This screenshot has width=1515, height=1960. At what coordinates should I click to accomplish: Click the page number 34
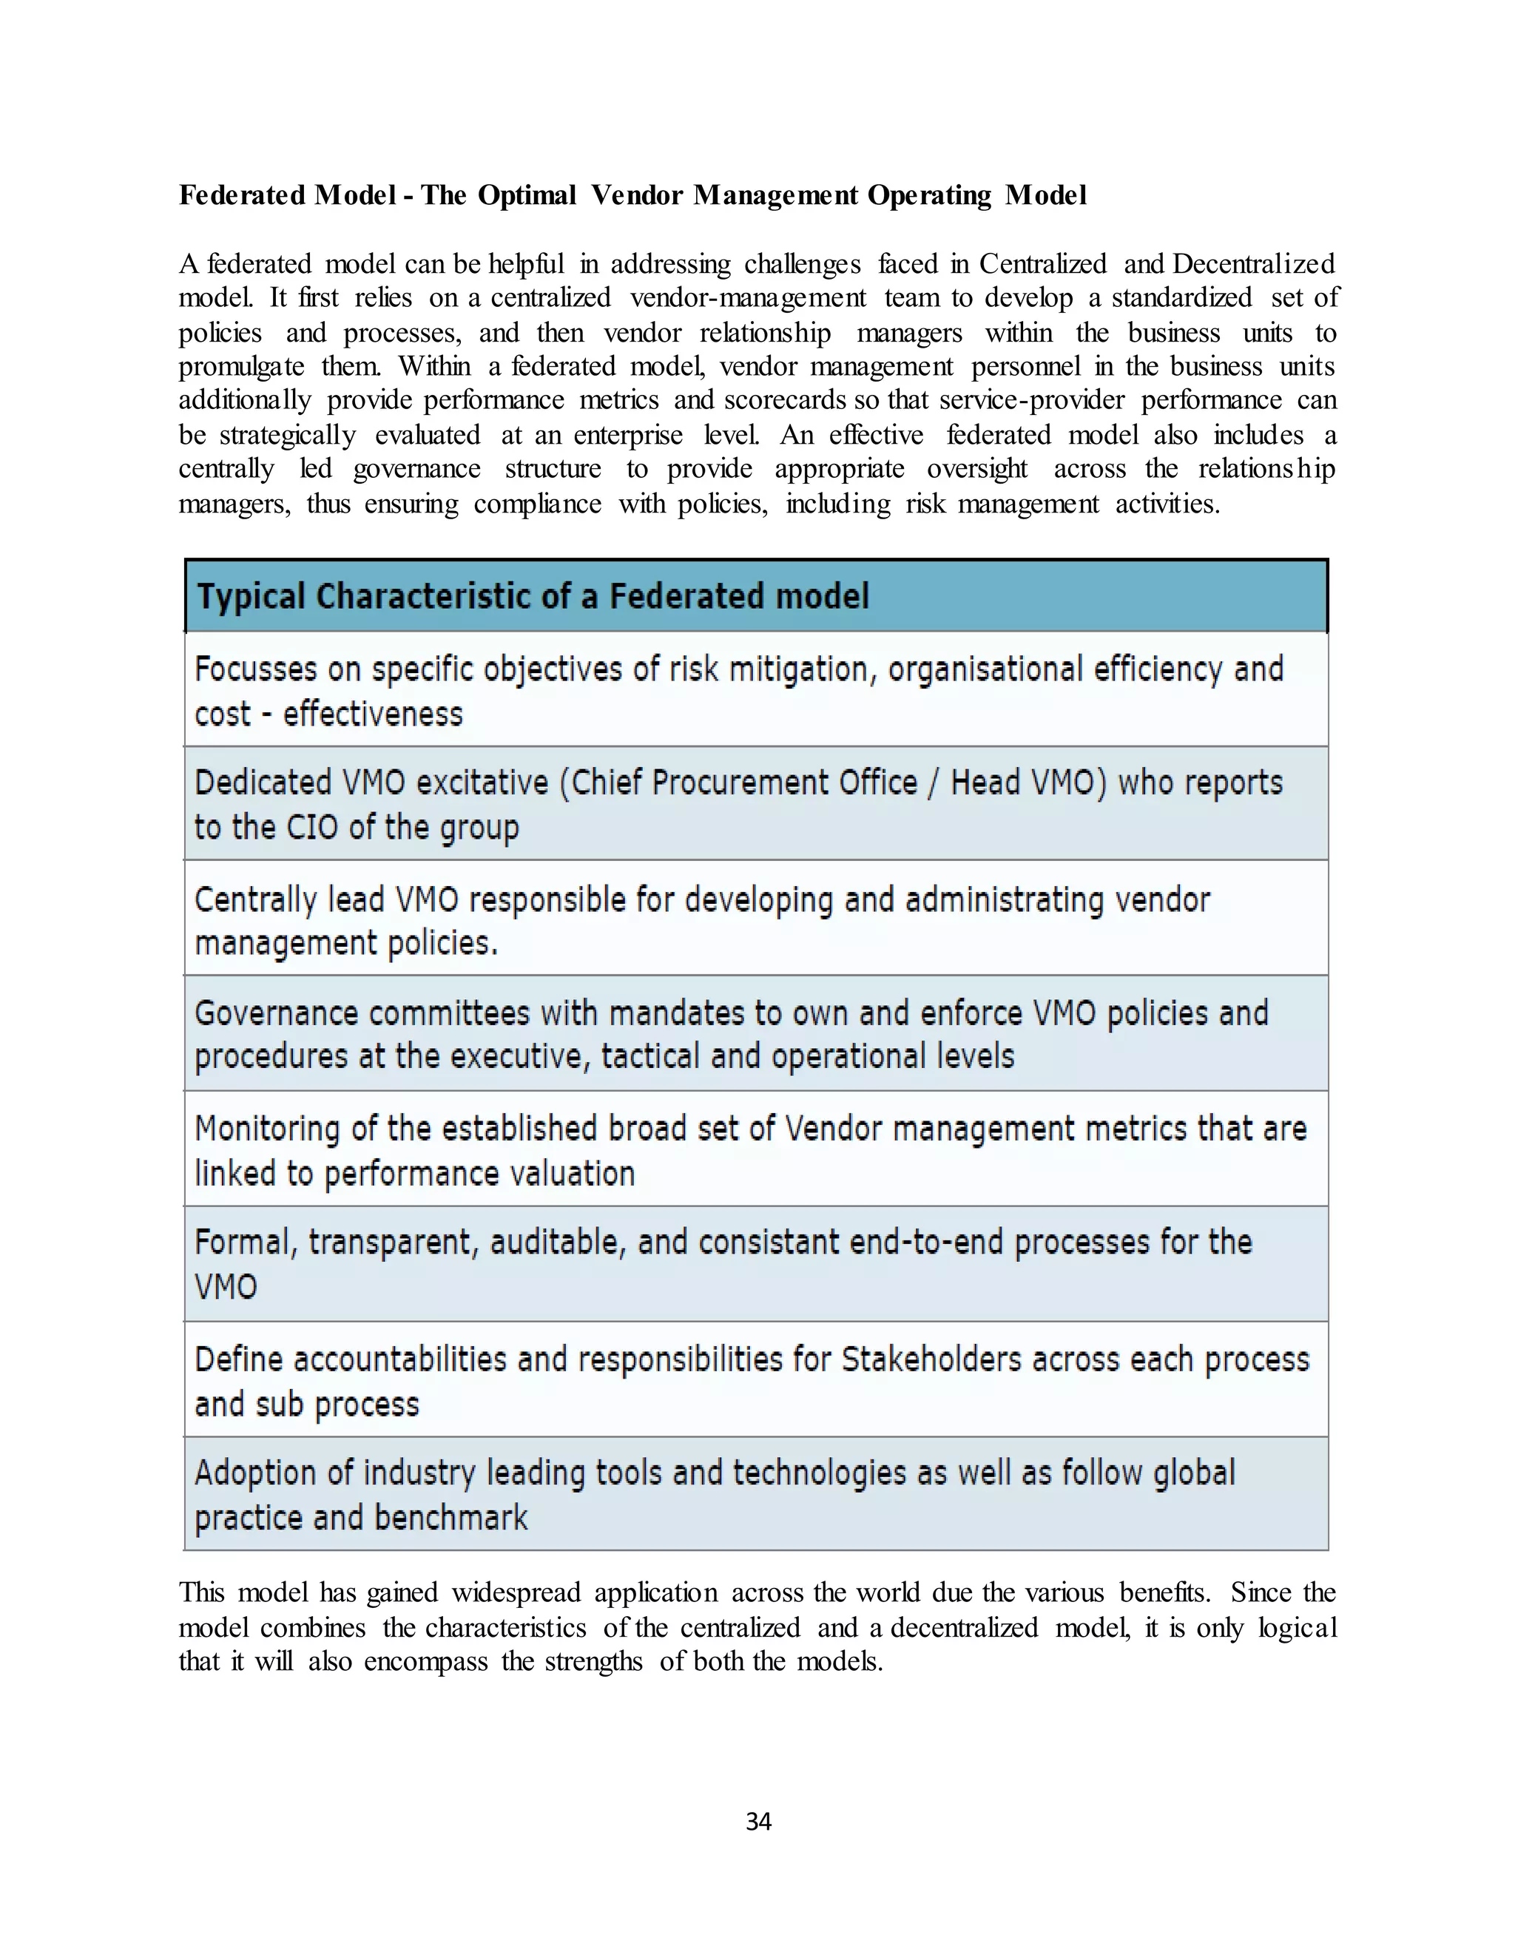pos(758,1821)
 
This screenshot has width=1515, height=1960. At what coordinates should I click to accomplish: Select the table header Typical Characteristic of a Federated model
pos(533,597)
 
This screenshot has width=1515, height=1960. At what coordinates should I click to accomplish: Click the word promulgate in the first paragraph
pos(241,367)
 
